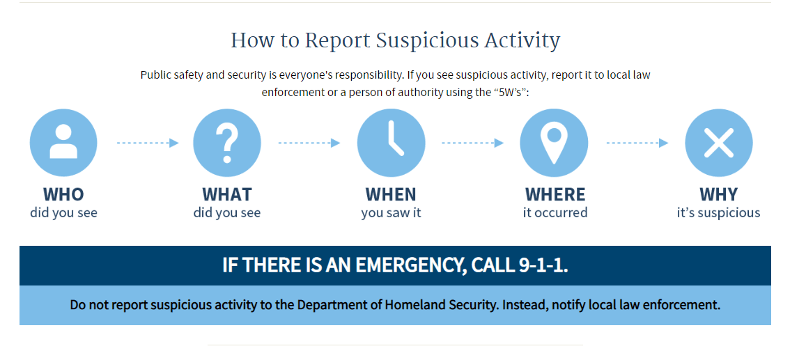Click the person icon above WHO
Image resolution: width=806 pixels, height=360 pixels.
[x=63, y=143]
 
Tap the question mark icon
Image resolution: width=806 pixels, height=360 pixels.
[x=227, y=143]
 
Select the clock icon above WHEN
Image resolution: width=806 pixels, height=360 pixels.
[x=391, y=143]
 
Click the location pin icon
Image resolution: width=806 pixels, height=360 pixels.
[x=555, y=143]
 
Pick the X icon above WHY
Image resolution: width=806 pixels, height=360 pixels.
[x=718, y=143]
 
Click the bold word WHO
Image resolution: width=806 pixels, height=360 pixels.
[x=63, y=194]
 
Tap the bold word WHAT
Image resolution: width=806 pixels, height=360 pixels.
[x=227, y=194]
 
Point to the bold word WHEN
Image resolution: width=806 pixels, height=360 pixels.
[x=391, y=194]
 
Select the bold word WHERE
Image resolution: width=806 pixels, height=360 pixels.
[x=555, y=194]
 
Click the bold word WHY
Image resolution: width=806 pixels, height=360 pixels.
[x=718, y=194]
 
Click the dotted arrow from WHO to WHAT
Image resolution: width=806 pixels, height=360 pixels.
[x=147, y=143]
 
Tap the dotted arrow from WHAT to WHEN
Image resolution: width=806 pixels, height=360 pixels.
[x=309, y=143]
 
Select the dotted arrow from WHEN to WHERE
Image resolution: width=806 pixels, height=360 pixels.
[x=472, y=143]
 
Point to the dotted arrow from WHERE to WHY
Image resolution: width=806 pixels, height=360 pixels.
[x=637, y=143]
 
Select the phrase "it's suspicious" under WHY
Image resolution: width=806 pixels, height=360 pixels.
[x=718, y=212]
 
